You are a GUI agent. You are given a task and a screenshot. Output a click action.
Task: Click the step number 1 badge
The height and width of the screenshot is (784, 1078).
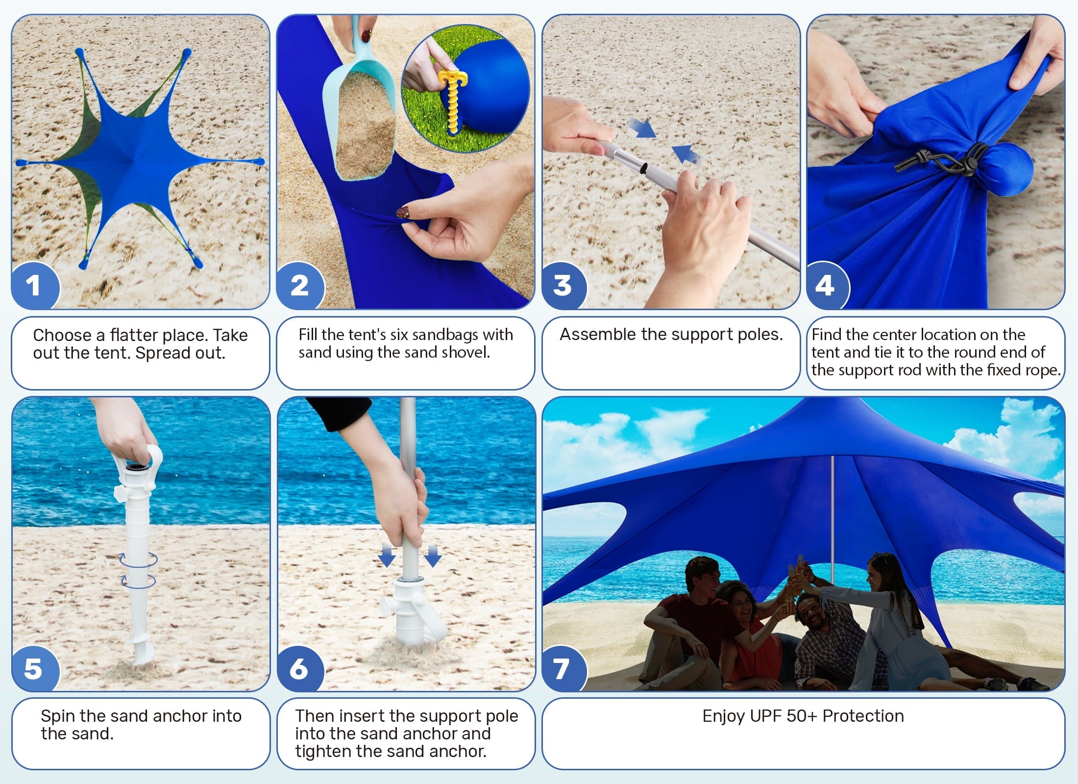click(x=33, y=286)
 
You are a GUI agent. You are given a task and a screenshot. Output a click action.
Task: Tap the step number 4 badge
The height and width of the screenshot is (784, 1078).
click(x=825, y=286)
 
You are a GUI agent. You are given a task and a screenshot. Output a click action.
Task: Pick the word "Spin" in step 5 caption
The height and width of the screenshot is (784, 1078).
click(x=58, y=716)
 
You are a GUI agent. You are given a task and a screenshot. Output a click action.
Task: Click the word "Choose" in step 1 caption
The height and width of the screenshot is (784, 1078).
click(x=63, y=335)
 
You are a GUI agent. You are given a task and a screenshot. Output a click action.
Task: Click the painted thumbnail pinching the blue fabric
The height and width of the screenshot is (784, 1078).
click(x=403, y=213)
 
